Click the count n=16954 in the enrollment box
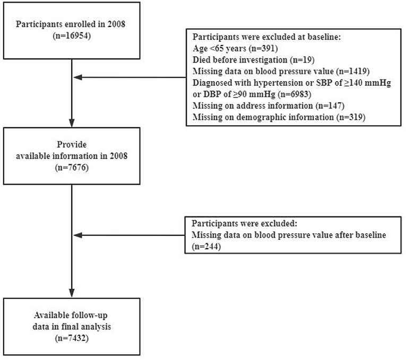tap(72, 36)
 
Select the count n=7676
tap(72, 168)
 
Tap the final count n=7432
tap(72, 338)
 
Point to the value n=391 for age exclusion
tap(263, 48)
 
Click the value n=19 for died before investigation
tap(302, 60)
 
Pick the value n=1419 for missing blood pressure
tap(352, 71)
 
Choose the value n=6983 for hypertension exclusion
tap(295, 94)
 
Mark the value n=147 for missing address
tap(330, 106)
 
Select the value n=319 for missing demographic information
tap(351, 117)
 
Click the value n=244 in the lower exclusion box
tap(206, 247)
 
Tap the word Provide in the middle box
tap(72, 144)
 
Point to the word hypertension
tap(283, 83)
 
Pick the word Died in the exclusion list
tap(201, 60)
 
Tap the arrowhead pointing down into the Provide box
tap(72, 123)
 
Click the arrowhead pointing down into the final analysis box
tap(72, 293)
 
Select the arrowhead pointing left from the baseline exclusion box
tap(78, 77)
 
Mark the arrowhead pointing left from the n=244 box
tap(78, 235)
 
